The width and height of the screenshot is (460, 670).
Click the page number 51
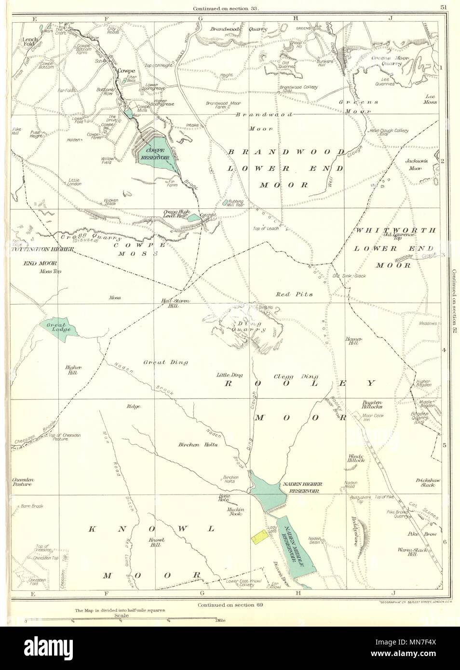[x=443, y=6]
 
